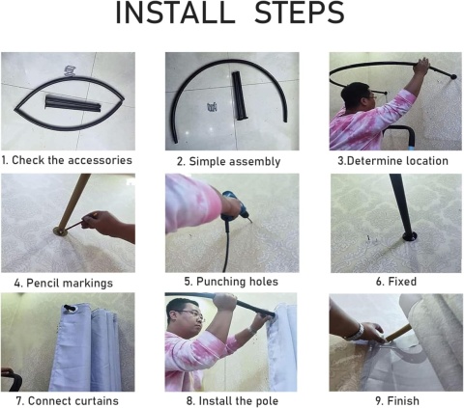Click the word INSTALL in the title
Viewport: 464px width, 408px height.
pyautogui.click(x=176, y=14)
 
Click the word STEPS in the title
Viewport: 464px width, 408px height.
pyautogui.click(x=300, y=14)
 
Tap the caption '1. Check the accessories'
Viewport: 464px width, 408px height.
pyautogui.click(x=67, y=160)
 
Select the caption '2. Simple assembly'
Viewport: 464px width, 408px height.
pyautogui.click(x=228, y=161)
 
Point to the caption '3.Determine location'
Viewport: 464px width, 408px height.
pyautogui.click(x=392, y=161)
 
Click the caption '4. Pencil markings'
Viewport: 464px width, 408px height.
pyautogui.click(x=64, y=284)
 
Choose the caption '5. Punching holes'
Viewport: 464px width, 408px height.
pyautogui.click(x=231, y=282)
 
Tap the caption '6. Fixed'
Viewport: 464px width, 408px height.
pyautogui.click(x=396, y=282)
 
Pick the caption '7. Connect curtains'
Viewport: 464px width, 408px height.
pyautogui.click(x=68, y=401)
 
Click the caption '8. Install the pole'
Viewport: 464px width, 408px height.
pyautogui.click(x=232, y=401)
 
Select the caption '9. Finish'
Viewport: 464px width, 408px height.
pyautogui.click(x=397, y=401)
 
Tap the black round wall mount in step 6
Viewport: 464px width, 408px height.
pyautogui.click(x=410, y=237)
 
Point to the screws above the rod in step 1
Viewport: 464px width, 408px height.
pyautogui.click(x=70, y=71)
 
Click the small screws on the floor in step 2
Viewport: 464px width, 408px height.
pyautogui.click(x=213, y=107)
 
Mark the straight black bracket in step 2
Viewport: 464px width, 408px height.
pyautogui.click(x=240, y=95)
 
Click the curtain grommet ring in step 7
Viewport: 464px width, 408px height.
pyautogui.click(x=71, y=309)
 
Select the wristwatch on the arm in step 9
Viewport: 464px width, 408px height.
pyautogui.click(x=356, y=333)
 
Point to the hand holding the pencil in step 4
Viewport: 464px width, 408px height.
pyautogui.click(x=108, y=225)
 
